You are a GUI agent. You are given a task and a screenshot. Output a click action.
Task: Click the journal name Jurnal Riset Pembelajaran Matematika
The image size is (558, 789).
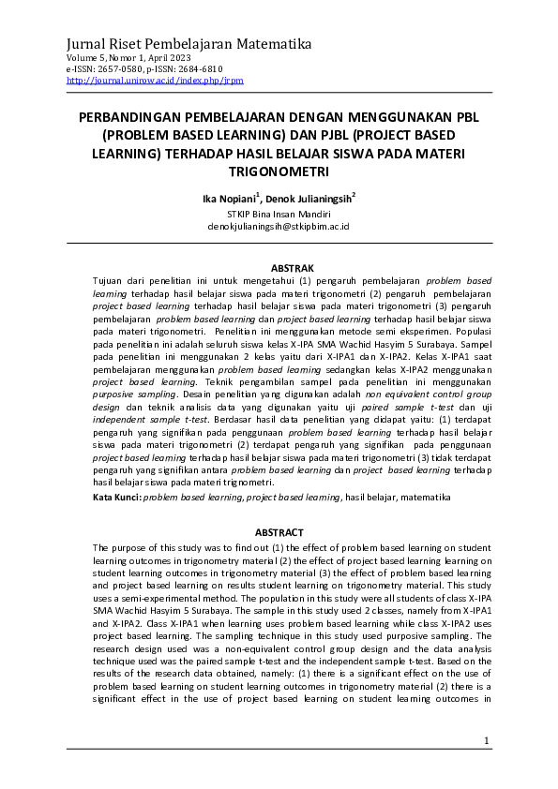pos(189,44)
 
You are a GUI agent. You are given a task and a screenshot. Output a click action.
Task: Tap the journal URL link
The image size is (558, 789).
pos(155,81)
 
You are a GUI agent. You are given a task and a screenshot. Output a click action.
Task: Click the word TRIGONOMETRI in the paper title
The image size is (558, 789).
pos(279,172)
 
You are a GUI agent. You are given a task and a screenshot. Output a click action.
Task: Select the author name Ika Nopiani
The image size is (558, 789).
pos(228,199)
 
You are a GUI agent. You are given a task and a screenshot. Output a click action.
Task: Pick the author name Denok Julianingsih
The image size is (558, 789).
pos(309,199)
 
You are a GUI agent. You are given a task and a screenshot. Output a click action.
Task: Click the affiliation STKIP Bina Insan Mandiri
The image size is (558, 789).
pos(279,214)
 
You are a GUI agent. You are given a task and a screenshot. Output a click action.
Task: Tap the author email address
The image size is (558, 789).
pos(279,227)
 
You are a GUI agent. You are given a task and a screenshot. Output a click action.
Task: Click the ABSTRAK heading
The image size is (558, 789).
pos(279,268)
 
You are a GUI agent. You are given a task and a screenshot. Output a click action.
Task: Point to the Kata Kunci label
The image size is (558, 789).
pos(116,497)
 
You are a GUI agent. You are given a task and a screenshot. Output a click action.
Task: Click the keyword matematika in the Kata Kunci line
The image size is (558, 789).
pos(425,497)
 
